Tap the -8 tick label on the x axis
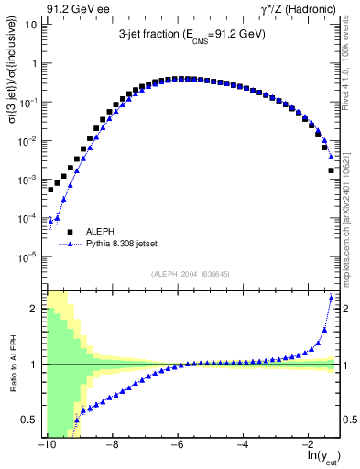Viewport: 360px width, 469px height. click(x=111, y=446)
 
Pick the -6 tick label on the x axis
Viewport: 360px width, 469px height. click(x=177, y=446)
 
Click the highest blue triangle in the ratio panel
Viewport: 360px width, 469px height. click(x=331, y=299)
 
